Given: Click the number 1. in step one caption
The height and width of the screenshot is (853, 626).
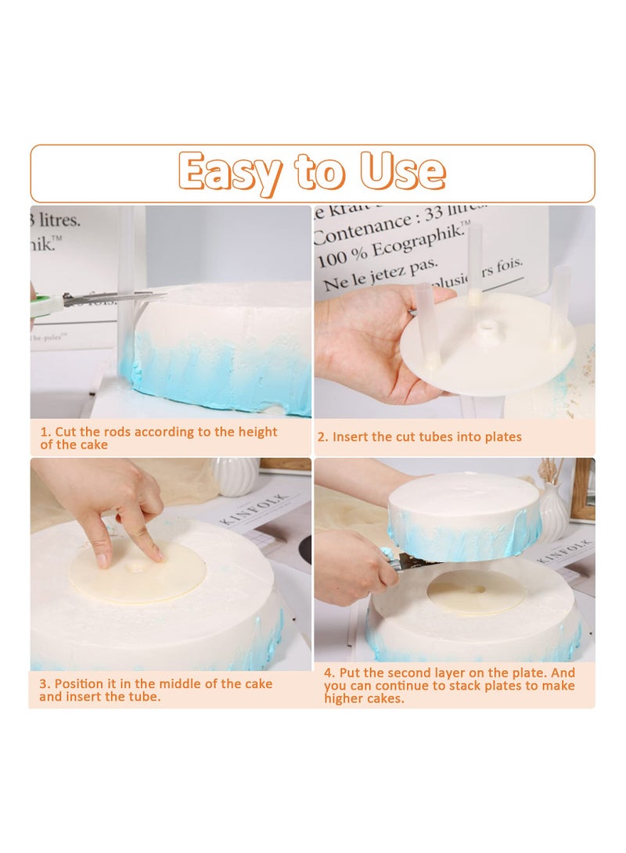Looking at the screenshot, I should click(x=45, y=432).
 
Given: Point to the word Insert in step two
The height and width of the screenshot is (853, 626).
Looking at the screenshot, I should click(x=350, y=437).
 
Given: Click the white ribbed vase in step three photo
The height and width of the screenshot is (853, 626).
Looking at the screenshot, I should click(x=234, y=476).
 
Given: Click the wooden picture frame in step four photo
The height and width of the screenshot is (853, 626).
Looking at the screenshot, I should click(x=582, y=489).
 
